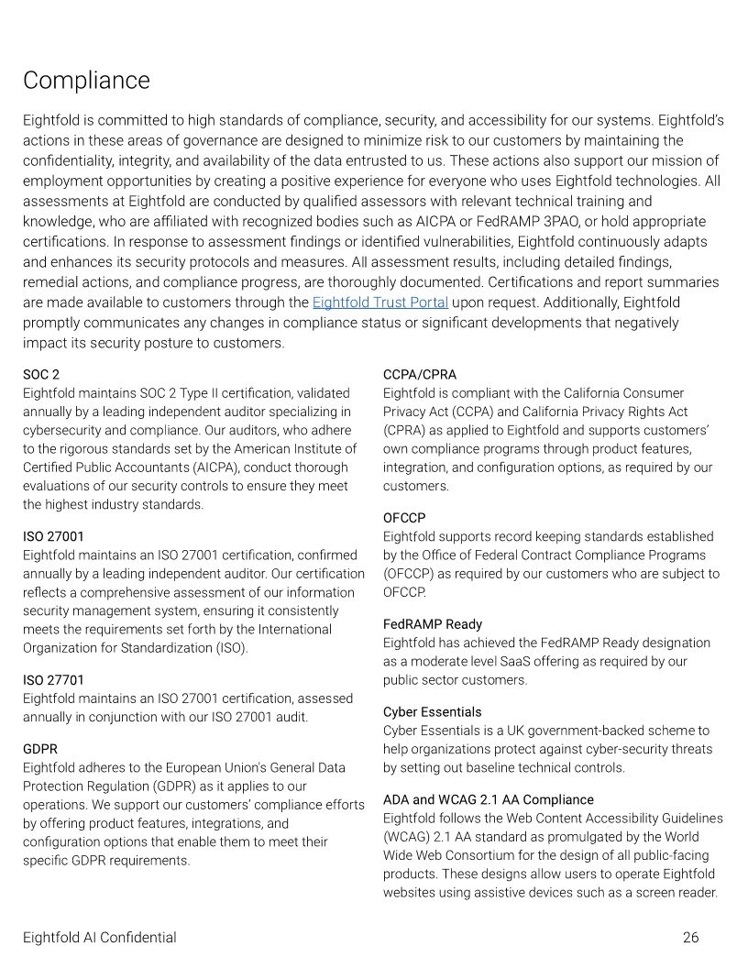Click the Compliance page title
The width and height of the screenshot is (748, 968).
(x=86, y=81)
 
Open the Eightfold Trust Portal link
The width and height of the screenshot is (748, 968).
(x=379, y=302)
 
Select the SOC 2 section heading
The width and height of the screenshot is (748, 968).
(x=41, y=374)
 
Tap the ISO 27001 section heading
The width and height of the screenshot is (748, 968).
(x=53, y=536)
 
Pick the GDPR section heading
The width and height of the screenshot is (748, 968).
(x=40, y=749)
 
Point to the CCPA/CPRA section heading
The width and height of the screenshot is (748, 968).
(x=419, y=374)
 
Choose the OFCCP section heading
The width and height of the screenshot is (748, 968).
(x=404, y=518)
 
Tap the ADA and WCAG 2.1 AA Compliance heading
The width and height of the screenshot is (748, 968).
(x=488, y=800)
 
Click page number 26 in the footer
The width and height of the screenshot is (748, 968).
(x=690, y=938)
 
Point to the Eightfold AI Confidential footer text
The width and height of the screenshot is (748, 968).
(x=100, y=938)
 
